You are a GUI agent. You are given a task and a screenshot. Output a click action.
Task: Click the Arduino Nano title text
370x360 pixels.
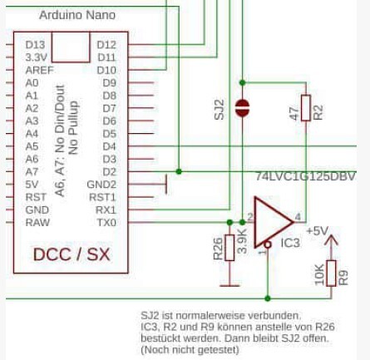(x=77, y=15)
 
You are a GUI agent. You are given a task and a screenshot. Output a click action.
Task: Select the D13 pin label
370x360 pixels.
(x=35, y=45)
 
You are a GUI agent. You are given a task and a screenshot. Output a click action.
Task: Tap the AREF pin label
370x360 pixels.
(x=39, y=71)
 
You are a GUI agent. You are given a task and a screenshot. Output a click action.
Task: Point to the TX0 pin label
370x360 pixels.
(x=106, y=223)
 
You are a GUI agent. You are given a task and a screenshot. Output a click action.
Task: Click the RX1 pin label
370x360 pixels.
(x=106, y=210)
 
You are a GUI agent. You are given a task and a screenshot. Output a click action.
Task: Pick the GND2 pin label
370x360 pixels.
(x=101, y=185)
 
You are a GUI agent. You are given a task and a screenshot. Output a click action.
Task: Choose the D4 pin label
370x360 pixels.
(x=110, y=146)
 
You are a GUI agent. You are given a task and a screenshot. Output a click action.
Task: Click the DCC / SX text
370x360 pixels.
(x=72, y=254)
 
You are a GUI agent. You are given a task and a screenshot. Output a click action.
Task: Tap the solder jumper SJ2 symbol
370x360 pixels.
(x=242, y=108)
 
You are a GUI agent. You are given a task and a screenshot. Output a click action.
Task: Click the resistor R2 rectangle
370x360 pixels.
(x=306, y=108)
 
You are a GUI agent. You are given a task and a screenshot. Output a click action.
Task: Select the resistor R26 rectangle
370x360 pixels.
(x=229, y=248)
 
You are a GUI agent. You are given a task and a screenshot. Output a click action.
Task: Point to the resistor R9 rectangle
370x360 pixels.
(x=331, y=274)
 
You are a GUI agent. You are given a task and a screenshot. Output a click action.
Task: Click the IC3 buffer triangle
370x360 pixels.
(x=273, y=222)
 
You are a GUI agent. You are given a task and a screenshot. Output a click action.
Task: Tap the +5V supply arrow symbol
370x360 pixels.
(x=331, y=240)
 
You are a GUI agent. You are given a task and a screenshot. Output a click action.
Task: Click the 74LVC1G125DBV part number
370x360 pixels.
(x=305, y=176)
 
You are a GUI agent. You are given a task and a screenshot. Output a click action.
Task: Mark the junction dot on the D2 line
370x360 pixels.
(x=179, y=171)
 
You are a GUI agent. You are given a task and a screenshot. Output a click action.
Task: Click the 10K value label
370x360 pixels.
(x=319, y=274)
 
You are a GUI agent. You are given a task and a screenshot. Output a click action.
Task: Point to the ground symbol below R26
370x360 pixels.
(x=229, y=285)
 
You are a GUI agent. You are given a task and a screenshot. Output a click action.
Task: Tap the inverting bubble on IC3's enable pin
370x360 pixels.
(x=268, y=244)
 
